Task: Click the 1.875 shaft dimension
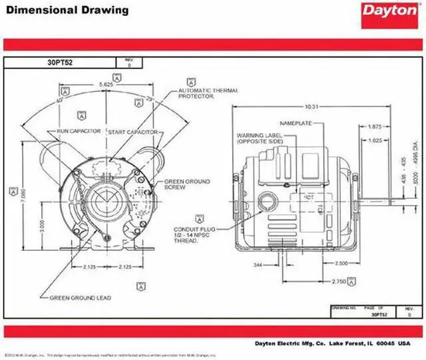pos(374,126)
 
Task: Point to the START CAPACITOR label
pos(132,132)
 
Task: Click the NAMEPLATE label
pos(296,124)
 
